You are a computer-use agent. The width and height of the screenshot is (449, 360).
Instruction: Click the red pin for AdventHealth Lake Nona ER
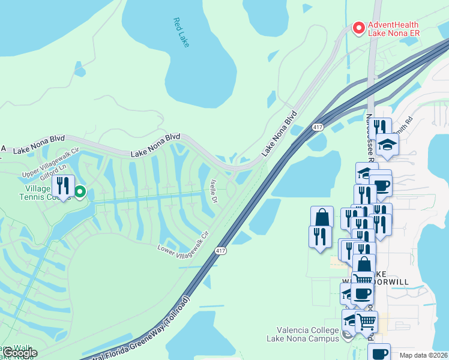tap(358, 28)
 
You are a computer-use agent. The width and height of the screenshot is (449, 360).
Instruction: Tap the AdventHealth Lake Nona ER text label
tap(394, 29)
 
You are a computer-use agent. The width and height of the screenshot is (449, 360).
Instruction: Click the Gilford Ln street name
tap(53, 178)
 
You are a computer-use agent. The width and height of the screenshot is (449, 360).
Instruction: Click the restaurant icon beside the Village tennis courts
tap(62, 185)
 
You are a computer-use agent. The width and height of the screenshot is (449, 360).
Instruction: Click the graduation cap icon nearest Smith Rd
tap(388, 144)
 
